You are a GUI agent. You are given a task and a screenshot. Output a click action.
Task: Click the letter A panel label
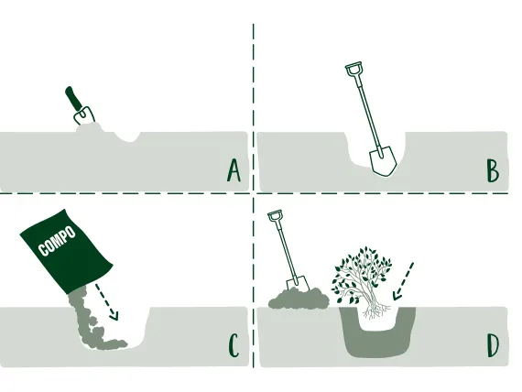[x=234, y=170]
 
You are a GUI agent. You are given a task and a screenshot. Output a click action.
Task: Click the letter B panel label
[x=493, y=171]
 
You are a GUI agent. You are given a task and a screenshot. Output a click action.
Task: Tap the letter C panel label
[x=234, y=345]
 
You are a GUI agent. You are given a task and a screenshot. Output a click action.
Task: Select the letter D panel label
[x=493, y=345]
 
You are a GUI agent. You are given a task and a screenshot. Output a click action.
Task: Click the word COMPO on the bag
[x=57, y=241]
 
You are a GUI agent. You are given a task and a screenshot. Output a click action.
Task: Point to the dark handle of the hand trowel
[x=73, y=98]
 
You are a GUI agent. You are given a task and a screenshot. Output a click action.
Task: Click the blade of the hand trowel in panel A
[x=84, y=115]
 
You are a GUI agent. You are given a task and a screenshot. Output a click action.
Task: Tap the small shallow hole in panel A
[x=127, y=136]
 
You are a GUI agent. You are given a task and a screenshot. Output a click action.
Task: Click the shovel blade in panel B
[x=384, y=161]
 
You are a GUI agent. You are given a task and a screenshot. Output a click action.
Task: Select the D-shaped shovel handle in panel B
[x=353, y=69]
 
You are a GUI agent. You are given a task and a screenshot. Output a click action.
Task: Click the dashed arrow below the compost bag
[x=106, y=301]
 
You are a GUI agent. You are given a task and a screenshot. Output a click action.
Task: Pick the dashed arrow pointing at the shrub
[x=403, y=281]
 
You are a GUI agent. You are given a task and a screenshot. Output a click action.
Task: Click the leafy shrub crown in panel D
[x=362, y=273]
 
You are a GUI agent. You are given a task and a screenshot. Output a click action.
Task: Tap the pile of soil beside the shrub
[x=299, y=299]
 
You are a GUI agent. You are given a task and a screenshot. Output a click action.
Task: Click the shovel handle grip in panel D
[x=275, y=215]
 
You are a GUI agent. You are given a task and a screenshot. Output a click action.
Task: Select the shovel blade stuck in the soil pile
[x=298, y=283]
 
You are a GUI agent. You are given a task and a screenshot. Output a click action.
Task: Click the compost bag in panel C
[x=66, y=251]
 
